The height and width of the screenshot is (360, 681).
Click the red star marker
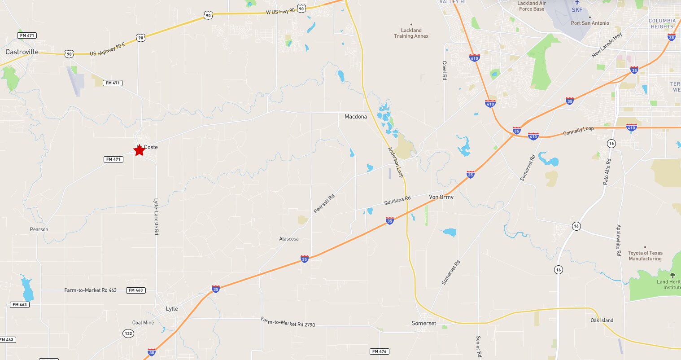[x=140, y=150]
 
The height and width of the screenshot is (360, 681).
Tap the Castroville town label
[x=22, y=52]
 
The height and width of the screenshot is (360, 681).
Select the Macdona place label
[x=356, y=117]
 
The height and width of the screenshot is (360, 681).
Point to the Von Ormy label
[x=441, y=197]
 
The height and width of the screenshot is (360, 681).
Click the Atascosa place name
[x=289, y=239]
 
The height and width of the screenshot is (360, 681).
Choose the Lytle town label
[x=172, y=309]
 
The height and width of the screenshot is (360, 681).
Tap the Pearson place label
[x=39, y=229]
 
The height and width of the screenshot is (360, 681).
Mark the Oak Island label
[x=602, y=320]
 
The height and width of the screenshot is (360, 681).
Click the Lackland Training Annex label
[x=411, y=33]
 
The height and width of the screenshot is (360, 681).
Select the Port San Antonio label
[x=590, y=23]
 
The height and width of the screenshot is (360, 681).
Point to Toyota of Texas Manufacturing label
[x=645, y=256]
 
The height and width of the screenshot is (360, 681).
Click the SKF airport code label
[x=577, y=10]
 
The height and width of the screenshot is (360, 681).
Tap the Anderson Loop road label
[x=396, y=162]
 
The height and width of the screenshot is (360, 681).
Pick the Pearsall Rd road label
[x=324, y=204]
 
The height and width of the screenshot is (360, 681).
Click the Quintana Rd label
[x=397, y=200]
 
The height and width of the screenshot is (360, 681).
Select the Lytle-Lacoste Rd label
[x=156, y=217]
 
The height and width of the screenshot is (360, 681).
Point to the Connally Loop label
[x=578, y=131]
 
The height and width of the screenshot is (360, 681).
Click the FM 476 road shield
[x=380, y=351]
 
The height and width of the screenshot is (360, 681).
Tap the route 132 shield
[x=128, y=334]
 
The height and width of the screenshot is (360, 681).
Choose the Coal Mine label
[x=143, y=323]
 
